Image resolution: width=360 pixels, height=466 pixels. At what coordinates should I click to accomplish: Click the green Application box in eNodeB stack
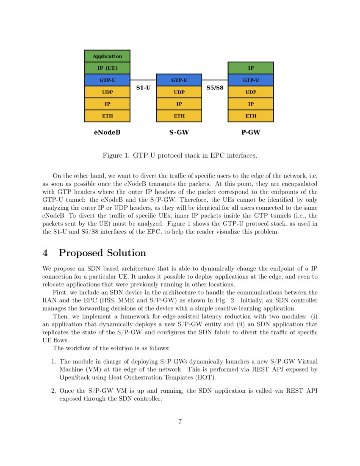(107, 56)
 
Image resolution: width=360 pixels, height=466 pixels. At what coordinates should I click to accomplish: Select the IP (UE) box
(107, 68)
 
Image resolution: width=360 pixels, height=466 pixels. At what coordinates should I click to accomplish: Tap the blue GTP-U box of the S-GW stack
(179, 80)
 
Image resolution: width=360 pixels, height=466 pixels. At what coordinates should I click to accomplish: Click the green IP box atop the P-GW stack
(251, 68)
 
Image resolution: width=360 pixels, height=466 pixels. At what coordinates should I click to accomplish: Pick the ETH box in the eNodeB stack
(107, 116)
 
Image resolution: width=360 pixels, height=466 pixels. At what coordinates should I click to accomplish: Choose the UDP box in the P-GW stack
(251, 92)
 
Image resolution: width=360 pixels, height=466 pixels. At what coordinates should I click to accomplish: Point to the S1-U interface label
(143, 88)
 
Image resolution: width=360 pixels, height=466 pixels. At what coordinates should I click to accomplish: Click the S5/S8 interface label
(215, 88)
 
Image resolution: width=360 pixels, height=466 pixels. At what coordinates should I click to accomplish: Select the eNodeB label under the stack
(107, 133)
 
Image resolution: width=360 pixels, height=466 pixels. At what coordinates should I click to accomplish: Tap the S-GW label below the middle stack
(179, 133)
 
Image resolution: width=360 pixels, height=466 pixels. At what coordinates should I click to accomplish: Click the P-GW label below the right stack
(251, 133)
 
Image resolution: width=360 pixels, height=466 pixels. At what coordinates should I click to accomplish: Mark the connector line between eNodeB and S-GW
(143, 80)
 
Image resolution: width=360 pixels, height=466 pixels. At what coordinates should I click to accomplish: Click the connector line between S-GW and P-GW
(215, 80)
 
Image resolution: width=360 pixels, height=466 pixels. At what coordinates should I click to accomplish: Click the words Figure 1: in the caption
(116, 155)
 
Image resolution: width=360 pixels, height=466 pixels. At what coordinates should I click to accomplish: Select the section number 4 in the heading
(45, 253)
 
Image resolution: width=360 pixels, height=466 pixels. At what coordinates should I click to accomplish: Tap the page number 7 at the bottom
(180, 421)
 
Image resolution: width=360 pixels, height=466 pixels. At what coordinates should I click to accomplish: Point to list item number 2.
(53, 391)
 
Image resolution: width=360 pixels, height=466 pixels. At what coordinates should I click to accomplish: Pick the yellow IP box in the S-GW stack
(179, 104)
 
